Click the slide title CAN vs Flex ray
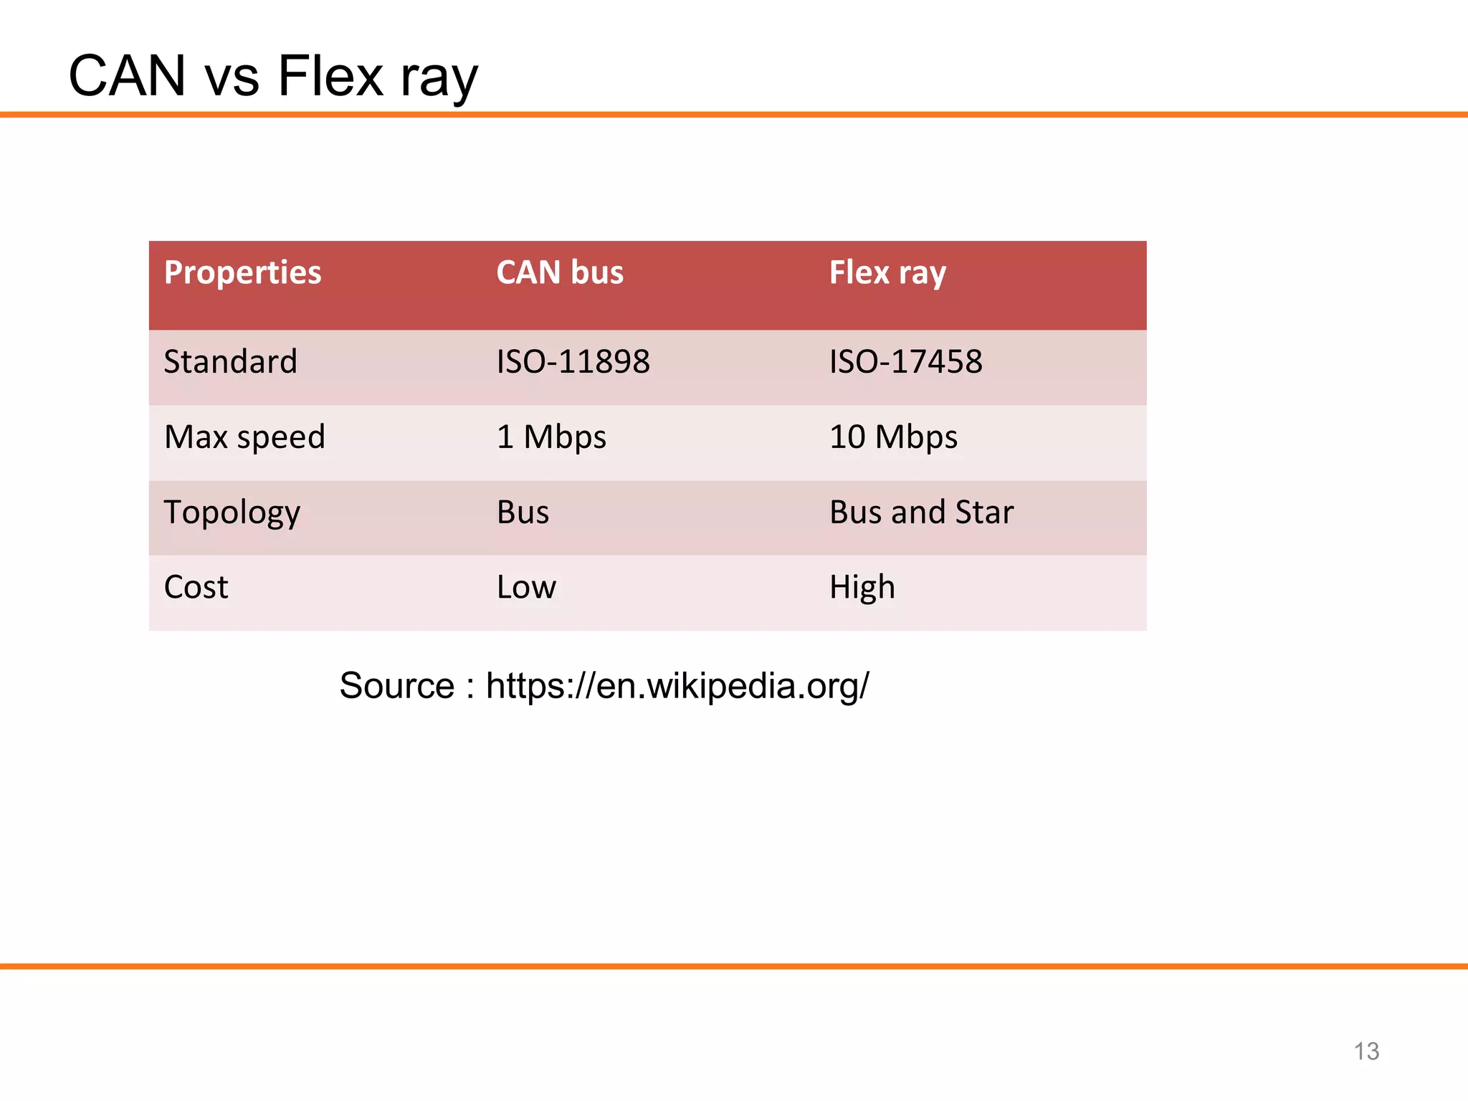[272, 76]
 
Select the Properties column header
[242, 273]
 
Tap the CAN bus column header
[560, 273]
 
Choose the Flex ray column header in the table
[887, 273]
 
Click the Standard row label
[230, 361]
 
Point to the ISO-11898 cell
[573, 361]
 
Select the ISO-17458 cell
[906, 361]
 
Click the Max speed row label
[244, 437]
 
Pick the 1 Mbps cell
[551, 437]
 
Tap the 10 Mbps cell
[893, 437]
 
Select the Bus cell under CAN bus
[523, 513]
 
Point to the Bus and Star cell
[921, 513]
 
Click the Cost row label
[196, 588]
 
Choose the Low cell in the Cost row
[526, 588]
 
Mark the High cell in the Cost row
[862, 588]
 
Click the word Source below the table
[396, 686]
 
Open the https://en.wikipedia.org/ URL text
[677, 686]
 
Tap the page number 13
[1366, 1052]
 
